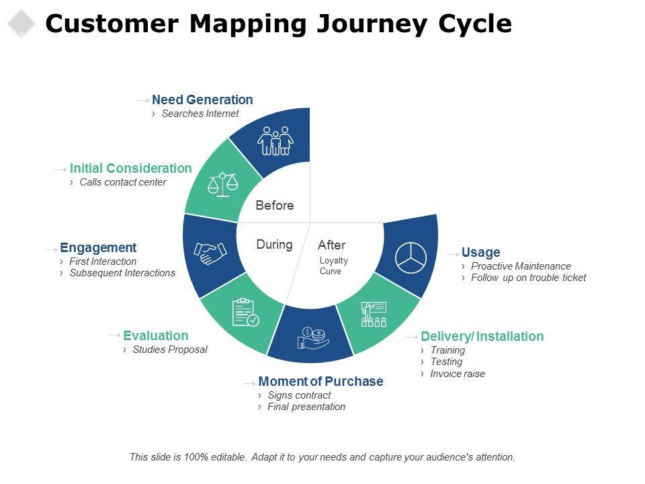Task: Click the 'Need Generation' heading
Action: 202,100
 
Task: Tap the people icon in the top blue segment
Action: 275,140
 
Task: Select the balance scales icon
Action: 223,184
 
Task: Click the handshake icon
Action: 210,253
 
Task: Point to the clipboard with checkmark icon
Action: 245,313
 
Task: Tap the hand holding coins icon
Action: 312,337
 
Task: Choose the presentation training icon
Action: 374,314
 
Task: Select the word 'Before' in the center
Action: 275,206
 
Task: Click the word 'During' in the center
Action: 274,245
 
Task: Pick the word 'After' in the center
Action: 331,245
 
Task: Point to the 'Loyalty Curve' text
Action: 333,266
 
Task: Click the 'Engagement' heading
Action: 98,248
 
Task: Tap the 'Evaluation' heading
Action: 156,336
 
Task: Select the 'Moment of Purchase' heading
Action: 320,382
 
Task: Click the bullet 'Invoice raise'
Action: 457,374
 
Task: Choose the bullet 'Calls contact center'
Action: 122,182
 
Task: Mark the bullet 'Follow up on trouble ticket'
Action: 528,278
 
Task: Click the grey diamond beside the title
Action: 21,24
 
